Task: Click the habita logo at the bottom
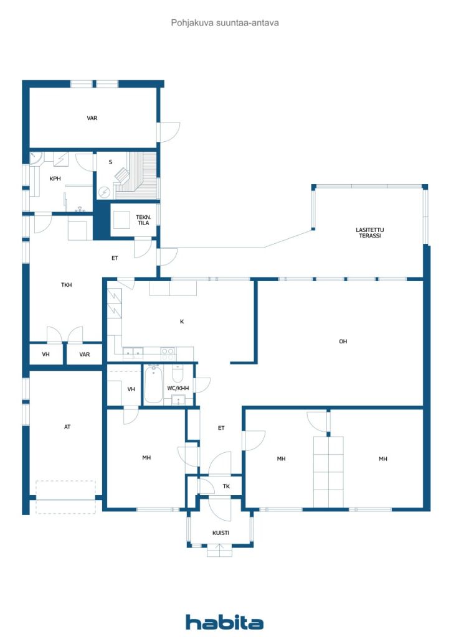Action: pyautogui.click(x=224, y=622)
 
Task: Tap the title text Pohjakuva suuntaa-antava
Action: pyautogui.click(x=225, y=23)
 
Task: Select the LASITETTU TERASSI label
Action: pyautogui.click(x=369, y=233)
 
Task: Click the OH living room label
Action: pyautogui.click(x=343, y=342)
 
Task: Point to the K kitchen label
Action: pyautogui.click(x=182, y=322)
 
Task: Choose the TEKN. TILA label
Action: pyautogui.click(x=143, y=220)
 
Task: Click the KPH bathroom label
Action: pyautogui.click(x=55, y=179)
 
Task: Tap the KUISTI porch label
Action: pyautogui.click(x=221, y=532)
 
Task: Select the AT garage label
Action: pyautogui.click(x=67, y=427)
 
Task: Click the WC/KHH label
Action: pyautogui.click(x=178, y=388)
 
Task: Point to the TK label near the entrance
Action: pyautogui.click(x=227, y=486)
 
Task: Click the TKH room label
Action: pyautogui.click(x=66, y=285)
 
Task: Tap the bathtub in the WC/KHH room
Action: pyautogui.click(x=153, y=384)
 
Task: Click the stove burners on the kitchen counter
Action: pyautogui.click(x=168, y=353)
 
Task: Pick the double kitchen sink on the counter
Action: pyautogui.click(x=133, y=353)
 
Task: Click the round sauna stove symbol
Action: pyautogui.click(x=105, y=192)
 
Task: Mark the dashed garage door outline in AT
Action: pyautogui.click(x=65, y=497)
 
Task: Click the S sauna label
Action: pyautogui.click(x=110, y=162)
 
